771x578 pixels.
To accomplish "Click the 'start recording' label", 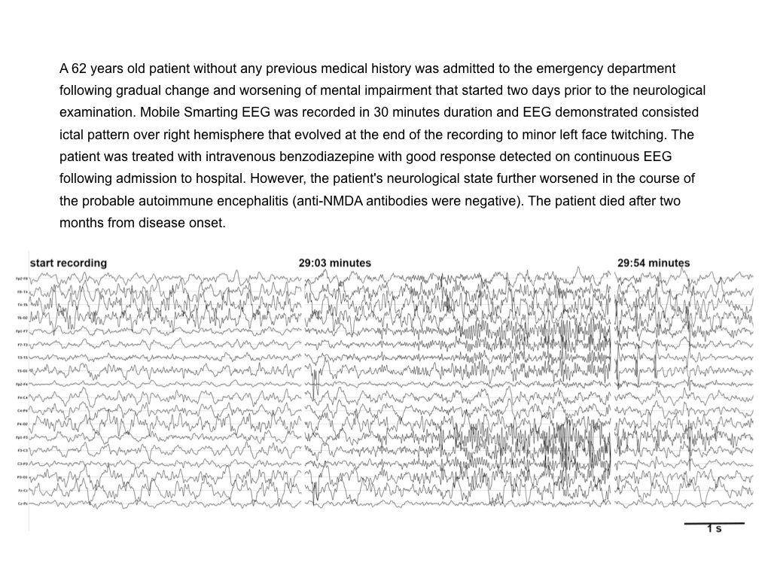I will [68, 263].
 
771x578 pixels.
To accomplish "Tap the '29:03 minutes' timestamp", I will [334, 263].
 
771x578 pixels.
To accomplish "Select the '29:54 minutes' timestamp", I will [653, 263].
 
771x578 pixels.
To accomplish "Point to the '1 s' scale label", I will [714, 529].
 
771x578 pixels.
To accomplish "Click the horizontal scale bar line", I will [714, 522].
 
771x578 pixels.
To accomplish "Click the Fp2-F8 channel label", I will [22, 278].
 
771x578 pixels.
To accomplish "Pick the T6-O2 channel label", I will [22, 318].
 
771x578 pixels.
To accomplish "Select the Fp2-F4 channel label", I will [22, 384].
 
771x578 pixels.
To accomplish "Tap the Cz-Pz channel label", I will [22, 503].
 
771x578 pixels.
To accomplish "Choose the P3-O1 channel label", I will [22, 476].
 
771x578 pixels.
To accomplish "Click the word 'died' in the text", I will [602, 202].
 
